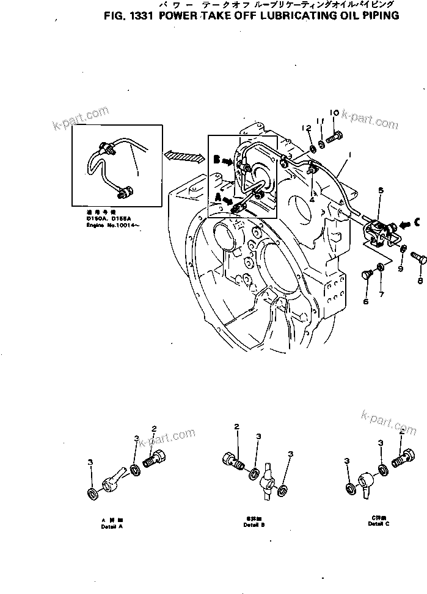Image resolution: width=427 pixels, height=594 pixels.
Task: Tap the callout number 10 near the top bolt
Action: [x=334, y=113]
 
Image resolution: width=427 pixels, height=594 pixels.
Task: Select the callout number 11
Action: [x=319, y=122]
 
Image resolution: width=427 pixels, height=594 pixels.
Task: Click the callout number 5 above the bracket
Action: [x=381, y=191]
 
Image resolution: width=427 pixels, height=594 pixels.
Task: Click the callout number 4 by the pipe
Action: [x=312, y=198]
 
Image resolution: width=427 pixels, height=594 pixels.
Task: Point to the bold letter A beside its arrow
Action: [x=216, y=197]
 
